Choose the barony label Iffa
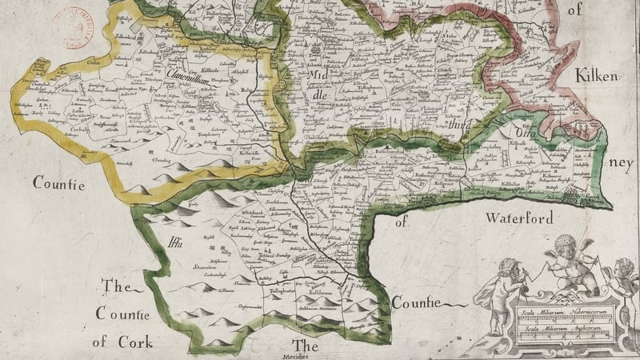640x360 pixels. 174,245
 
